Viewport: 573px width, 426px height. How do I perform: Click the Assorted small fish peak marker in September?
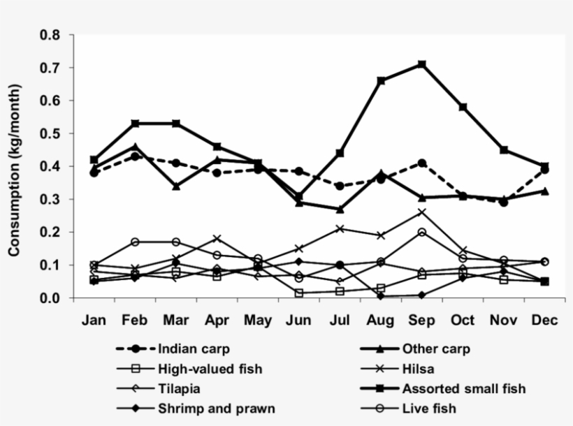(x=422, y=64)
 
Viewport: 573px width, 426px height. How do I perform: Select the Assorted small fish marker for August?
(x=381, y=81)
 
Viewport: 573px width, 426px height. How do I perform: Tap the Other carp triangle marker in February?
(x=135, y=147)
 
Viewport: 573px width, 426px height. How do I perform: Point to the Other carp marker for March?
(x=176, y=186)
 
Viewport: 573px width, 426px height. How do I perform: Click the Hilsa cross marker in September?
(x=422, y=212)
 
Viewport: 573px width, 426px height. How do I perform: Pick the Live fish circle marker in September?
(x=422, y=232)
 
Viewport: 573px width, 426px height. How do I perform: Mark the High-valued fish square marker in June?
(x=299, y=293)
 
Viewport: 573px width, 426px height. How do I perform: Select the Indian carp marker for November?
(x=504, y=203)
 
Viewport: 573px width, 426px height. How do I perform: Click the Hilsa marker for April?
(x=217, y=239)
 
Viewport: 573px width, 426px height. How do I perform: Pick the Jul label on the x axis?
(x=340, y=320)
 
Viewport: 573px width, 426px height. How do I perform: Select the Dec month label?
(x=545, y=320)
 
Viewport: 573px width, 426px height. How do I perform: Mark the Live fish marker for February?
(x=135, y=242)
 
